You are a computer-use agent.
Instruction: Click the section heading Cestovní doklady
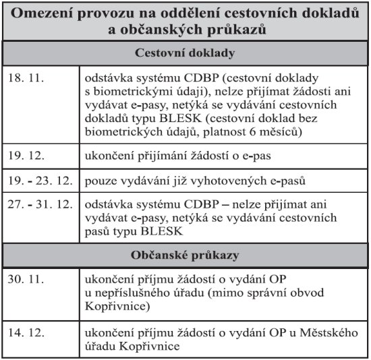click(x=185, y=53)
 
